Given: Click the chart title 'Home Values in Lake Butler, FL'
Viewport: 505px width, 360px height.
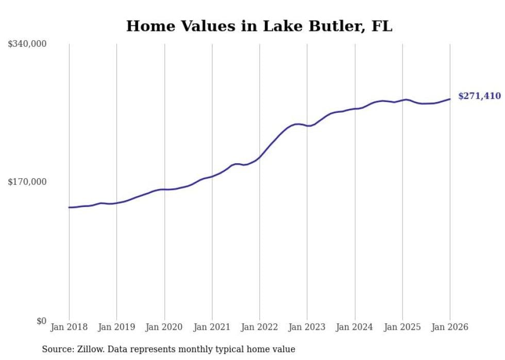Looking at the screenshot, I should (x=259, y=26).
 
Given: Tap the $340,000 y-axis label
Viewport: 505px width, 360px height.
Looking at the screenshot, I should (x=27, y=44).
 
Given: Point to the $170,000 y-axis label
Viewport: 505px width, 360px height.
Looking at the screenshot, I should (x=27, y=182).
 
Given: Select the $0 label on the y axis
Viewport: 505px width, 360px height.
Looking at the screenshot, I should (x=41, y=321).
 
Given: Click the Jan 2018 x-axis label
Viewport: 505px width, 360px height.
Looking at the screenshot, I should (x=69, y=327).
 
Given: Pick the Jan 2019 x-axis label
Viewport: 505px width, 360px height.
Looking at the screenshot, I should (x=116, y=327).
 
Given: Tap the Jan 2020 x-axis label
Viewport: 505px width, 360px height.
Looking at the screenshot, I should (x=164, y=327).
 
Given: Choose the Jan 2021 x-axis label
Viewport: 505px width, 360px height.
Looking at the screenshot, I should (x=212, y=327).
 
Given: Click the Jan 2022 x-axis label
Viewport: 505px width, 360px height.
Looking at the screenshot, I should (x=260, y=327).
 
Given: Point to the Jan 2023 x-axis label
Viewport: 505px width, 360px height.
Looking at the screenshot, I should (x=307, y=327).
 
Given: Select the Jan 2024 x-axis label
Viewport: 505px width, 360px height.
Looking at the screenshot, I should (x=355, y=327).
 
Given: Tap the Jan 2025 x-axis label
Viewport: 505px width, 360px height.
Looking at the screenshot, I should (x=402, y=327).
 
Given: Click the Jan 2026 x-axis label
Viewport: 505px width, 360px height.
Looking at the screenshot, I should (x=450, y=327).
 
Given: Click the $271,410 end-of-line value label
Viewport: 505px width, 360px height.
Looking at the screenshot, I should (x=479, y=96).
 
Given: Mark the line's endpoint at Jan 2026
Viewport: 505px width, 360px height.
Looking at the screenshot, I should (x=450, y=99).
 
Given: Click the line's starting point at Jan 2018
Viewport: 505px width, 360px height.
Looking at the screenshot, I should (x=69, y=208).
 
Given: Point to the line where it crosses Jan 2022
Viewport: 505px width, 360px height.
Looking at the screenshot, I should (x=260, y=157).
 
